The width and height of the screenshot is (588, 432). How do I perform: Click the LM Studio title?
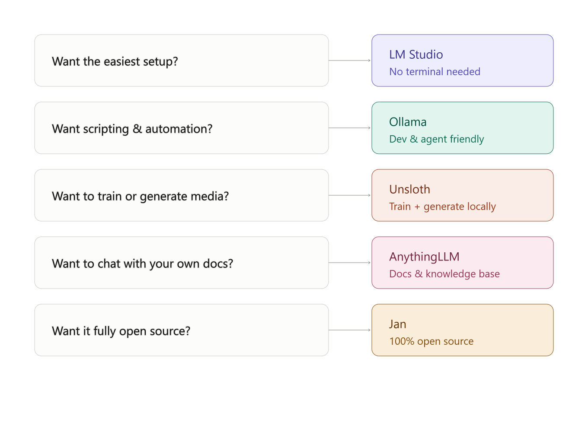pyautogui.click(x=416, y=54)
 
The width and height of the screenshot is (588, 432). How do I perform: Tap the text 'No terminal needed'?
pyautogui.click(x=435, y=72)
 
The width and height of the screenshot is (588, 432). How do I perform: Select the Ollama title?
pyautogui.click(x=408, y=122)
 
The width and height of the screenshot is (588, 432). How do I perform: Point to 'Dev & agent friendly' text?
pyautogui.click(x=437, y=139)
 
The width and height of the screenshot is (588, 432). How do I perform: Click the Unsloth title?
pyautogui.click(x=409, y=189)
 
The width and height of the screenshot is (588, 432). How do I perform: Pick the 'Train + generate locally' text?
pyautogui.click(x=443, y=206)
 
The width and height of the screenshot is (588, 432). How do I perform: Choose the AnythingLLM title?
pyautogui.click(x=424, y=257)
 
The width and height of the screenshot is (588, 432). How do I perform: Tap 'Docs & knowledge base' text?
pyautogui.click(x=444, y=274)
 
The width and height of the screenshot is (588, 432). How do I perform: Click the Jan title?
pyautogui.click(x=397, y=324)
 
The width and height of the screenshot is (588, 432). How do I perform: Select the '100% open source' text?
pyautogui.click(x=431, y=341)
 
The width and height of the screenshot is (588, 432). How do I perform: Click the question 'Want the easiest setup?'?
pyautogui.click(x=115, y=62)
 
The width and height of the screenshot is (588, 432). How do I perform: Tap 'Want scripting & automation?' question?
pyautogui.click(x=132, y=129)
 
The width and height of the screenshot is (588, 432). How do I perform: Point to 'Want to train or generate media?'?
pyautogui.click(x=140, y=197)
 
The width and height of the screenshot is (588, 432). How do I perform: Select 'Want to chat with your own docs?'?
pyautogui.click(x=142, y=264)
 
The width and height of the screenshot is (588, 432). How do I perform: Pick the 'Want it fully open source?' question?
pyautogui.click(x=121, y=331)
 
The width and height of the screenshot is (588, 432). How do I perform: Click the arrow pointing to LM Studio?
pyautogui.click(x=350, y=60)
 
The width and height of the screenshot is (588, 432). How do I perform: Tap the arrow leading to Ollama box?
pyautogui.click(x=350, y=128)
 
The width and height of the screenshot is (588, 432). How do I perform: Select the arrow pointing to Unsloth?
pyautogui.click(x=350, y=195)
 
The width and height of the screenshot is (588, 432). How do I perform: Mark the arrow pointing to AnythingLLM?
pyautogui.click(x=350, y=263)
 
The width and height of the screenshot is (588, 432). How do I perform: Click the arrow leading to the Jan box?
pyautogui.click(x=350, y=330)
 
